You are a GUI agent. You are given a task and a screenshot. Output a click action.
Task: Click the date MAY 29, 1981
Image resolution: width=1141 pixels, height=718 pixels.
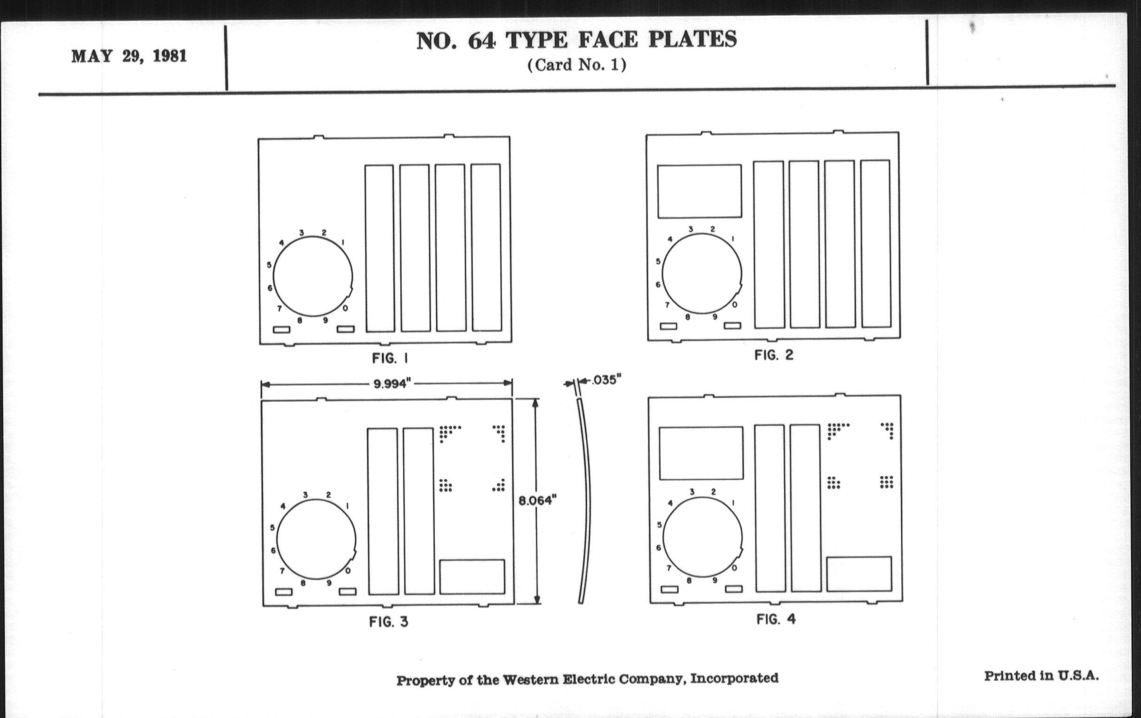(x=129, y=56)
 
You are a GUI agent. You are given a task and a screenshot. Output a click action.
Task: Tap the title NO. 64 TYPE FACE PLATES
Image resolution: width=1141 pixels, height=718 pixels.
(x=576, y=40)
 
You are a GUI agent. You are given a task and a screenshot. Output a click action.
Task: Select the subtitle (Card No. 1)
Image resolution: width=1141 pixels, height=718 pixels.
(x=577, y=65)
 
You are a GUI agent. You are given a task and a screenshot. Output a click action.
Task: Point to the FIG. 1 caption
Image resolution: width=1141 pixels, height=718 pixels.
(x=390, y=358)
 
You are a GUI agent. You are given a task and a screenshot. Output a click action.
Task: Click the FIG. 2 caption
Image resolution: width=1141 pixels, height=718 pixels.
(x=773, y=355)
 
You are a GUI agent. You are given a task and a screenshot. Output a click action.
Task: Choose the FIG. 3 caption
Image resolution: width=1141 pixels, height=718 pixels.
(x=388, y=622)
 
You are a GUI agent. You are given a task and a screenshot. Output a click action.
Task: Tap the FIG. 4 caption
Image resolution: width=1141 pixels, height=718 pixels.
(x=776, y=619)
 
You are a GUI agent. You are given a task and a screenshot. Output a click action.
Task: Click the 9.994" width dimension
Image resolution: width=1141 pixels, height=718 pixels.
(x=390, y=383)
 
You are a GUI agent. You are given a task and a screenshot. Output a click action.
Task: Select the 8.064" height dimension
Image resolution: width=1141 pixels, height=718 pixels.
(x=537, y=500)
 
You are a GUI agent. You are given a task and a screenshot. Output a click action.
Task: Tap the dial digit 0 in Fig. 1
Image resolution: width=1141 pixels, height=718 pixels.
(x=345, y=308)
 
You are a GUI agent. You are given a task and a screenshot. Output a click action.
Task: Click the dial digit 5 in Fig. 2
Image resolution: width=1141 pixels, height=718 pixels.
(x=658, y=261)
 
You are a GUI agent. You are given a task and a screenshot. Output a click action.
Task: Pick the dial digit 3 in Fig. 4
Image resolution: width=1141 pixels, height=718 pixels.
(x=692, y=492)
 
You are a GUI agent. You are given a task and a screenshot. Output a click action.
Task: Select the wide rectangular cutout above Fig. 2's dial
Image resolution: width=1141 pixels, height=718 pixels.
(x=700, y=191)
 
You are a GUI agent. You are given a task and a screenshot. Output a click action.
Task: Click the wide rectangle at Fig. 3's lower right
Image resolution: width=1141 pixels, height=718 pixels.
(x=472, y=576)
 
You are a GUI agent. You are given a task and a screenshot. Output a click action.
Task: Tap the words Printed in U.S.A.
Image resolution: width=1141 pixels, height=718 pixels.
(x=1042, y=676)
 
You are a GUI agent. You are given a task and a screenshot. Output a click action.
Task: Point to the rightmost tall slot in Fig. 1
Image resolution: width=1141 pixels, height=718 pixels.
(x=486, y=247)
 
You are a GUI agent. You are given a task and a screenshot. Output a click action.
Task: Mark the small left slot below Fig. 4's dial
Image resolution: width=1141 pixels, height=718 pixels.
(x=669, y=589)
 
